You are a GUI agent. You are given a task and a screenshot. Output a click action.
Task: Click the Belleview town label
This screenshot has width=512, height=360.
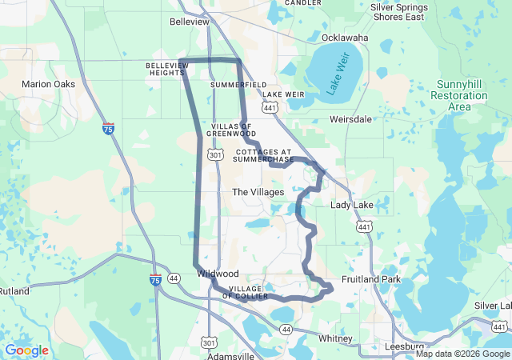click(x=190, y=22)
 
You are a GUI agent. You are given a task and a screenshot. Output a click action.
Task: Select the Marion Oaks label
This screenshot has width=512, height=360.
click(x=48, y=84)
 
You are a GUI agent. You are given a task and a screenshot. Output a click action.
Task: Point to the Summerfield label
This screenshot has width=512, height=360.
click(x=238, y=84)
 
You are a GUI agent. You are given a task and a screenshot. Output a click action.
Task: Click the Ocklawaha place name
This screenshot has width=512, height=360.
click(x=345, y=38)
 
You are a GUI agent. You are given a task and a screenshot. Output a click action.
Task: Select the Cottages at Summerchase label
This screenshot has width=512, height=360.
click(x=264, y=155)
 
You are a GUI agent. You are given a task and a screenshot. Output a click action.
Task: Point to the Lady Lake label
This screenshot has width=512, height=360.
click(x=352, y=206)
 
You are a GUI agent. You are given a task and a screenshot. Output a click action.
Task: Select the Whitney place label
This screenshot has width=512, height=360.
click(x=334, y=338)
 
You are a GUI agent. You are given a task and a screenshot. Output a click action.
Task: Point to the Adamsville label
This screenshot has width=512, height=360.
click(x=230, y=355)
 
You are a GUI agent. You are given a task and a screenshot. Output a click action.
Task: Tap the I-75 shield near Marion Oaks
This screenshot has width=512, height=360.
click(x=108, y=128)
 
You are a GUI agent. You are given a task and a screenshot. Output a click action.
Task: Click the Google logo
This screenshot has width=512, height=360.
click(x=26, y=350)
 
